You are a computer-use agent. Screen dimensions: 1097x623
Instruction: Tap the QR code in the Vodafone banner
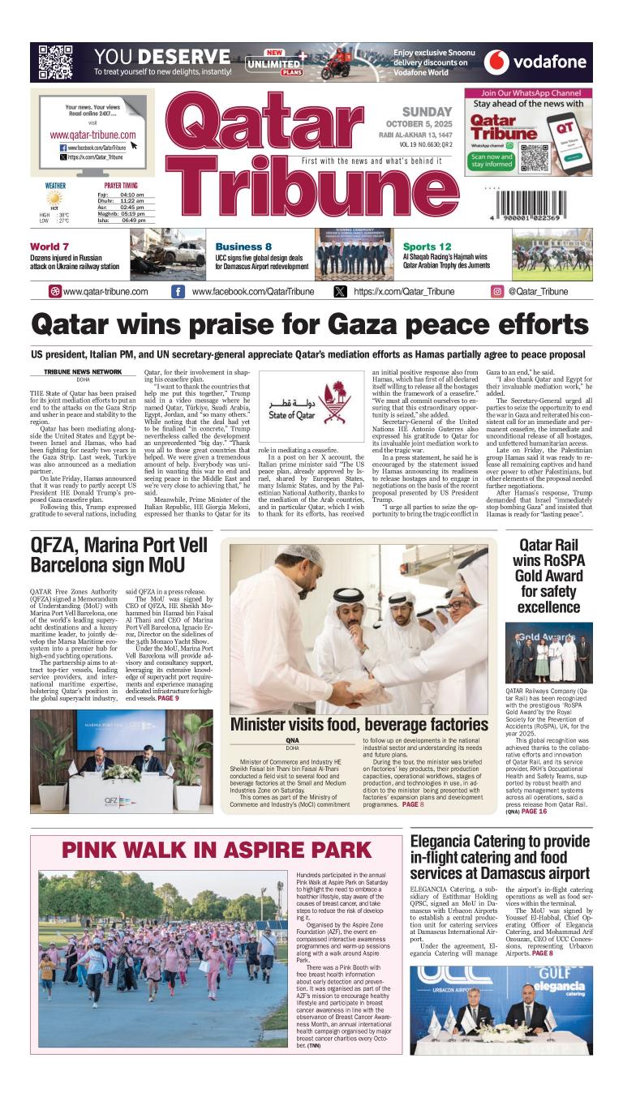(56, 62)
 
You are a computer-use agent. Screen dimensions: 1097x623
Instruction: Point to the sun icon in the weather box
(54, 198)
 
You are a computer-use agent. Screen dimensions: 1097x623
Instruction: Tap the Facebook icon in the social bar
(178, 292)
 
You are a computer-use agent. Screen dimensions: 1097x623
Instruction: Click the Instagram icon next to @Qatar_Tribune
(497, 292)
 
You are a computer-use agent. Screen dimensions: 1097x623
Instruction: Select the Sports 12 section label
(427, 246)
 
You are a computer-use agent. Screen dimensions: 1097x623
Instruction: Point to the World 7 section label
(49, 246)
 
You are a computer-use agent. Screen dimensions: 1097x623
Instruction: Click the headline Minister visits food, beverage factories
(359, 723)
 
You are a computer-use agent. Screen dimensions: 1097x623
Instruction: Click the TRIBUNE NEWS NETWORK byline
(83, 371)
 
